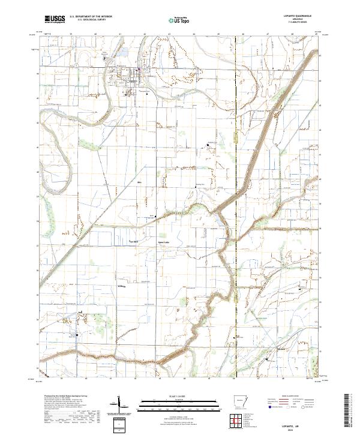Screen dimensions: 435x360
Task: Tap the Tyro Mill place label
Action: pos(134,239)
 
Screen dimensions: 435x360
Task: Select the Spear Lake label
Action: pos(163,238)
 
